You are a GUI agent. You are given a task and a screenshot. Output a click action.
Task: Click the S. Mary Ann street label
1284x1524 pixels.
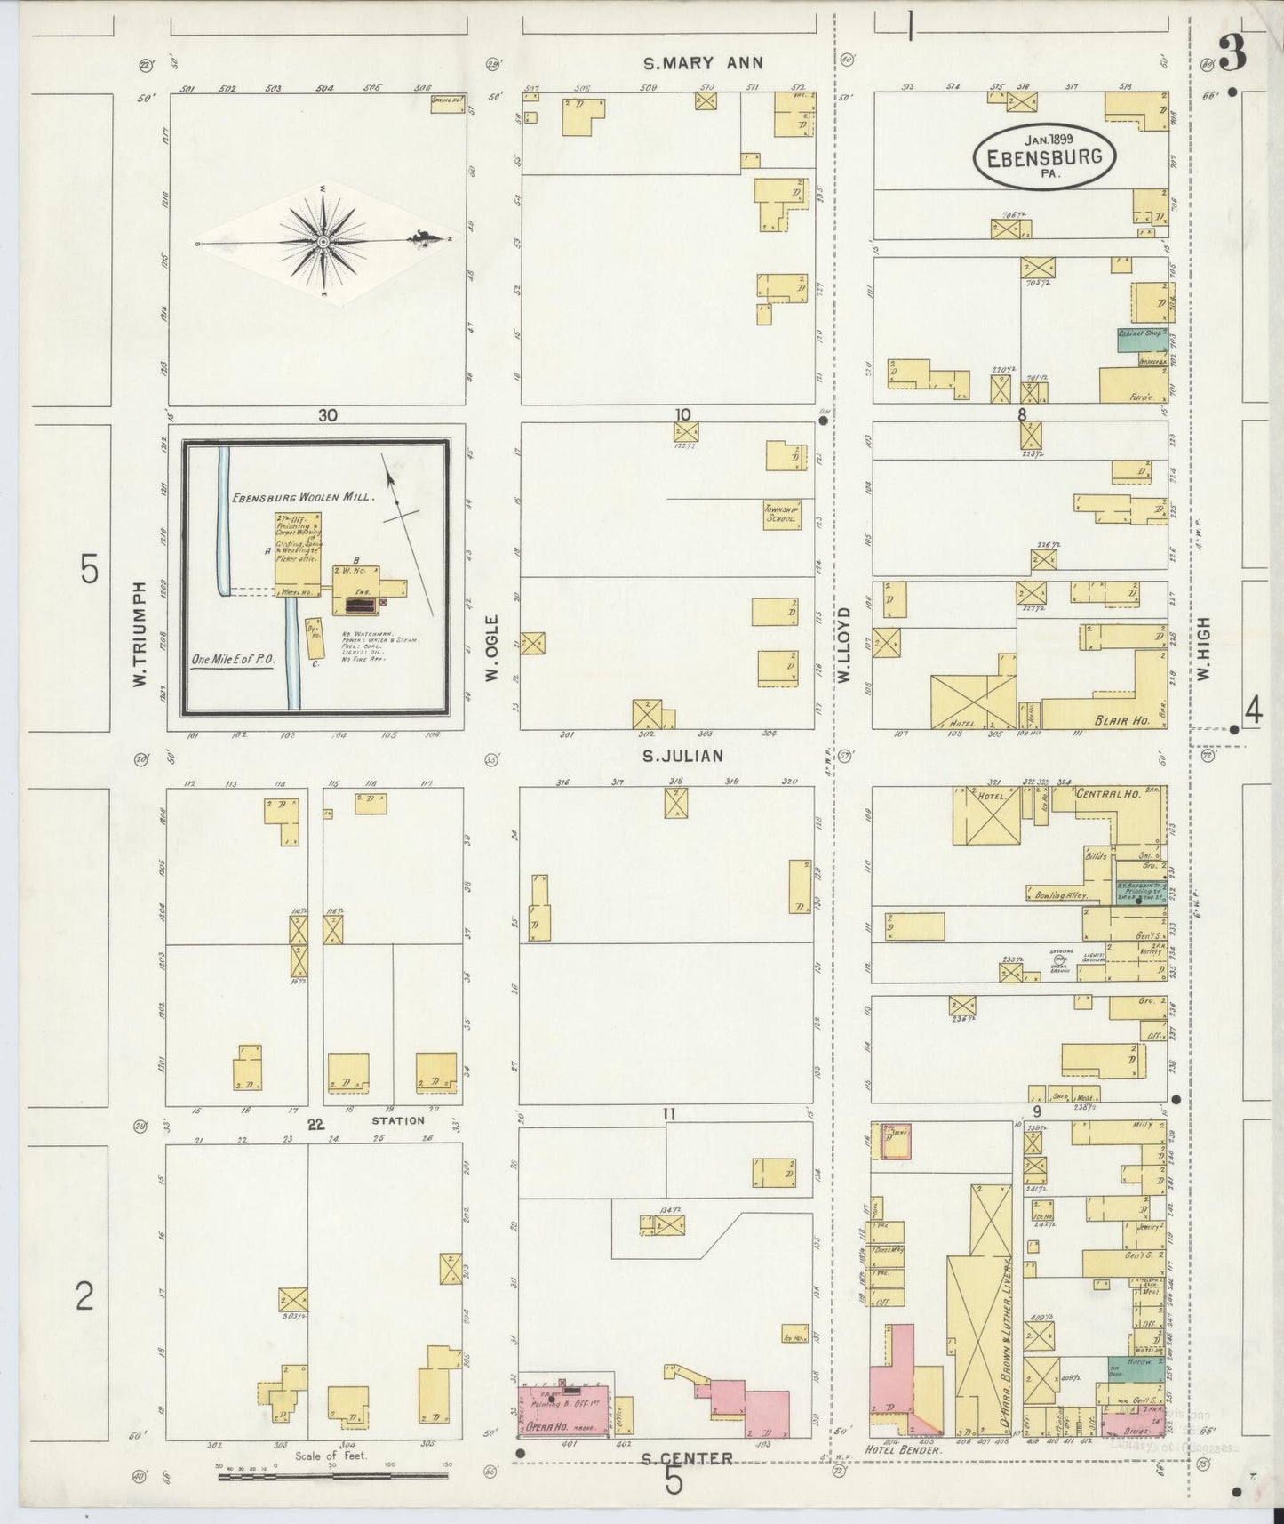pos(703,63)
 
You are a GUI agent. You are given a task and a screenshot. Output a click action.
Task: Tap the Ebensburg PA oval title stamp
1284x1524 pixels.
pos(1044,157)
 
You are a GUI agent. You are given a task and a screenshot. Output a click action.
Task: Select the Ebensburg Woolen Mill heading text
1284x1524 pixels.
pos(303,499)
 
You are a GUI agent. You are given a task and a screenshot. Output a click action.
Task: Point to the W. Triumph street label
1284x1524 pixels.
pos(139,634)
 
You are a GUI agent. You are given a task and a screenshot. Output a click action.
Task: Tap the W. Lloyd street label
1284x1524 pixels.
pos(843,645)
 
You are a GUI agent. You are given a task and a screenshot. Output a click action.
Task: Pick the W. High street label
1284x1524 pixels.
pos(1204,649)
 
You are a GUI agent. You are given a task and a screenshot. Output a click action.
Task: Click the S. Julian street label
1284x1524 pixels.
pos(682,756)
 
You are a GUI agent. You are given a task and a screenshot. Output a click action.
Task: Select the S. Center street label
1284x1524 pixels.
pos(687,1457)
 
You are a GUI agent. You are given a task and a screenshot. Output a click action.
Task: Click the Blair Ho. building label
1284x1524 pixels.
pos(1122,721)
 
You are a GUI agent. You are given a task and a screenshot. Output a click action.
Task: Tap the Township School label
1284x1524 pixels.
pos(781,515)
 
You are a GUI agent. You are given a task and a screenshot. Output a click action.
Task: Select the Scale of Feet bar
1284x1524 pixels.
pos(332,1476)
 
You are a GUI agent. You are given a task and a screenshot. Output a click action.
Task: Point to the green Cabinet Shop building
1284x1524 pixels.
pos(1141,338)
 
